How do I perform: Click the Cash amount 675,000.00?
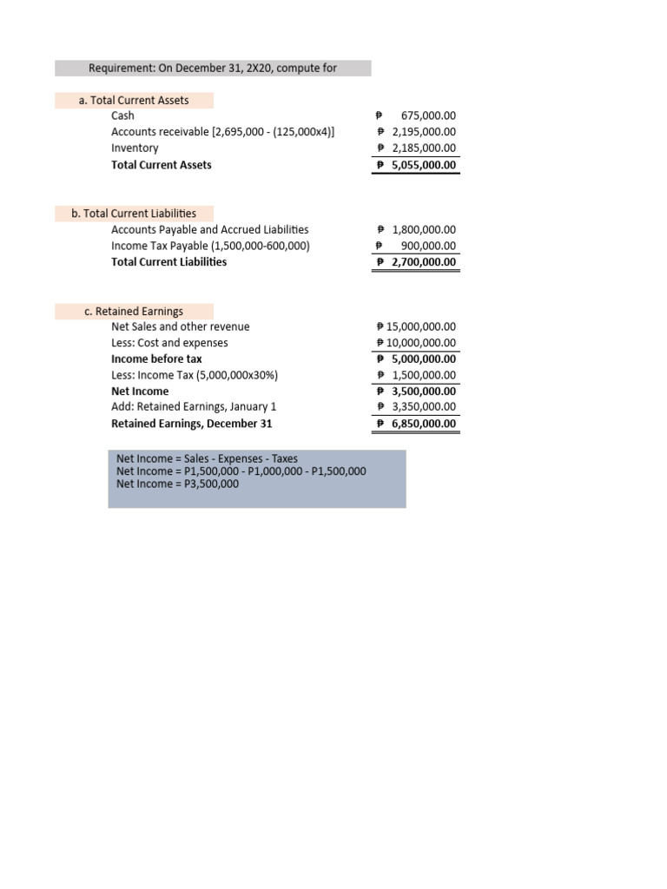pyautogui.click(x=428, y=115)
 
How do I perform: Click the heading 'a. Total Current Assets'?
pyautogui.click(x=134, y=101)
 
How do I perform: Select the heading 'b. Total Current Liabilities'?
pyautogui.click(x=134, y=214)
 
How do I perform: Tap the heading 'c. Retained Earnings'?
pyautogui.click(x=134, y=311)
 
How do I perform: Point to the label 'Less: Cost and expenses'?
pyautogui.click(x=169, y=343)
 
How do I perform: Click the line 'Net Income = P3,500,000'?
pyautogui.click(x=177, y=484)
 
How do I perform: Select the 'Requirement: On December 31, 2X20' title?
pyautogui.click(x=213, y=69)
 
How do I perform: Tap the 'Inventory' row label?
pyautogui.click(x=135, y=148)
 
